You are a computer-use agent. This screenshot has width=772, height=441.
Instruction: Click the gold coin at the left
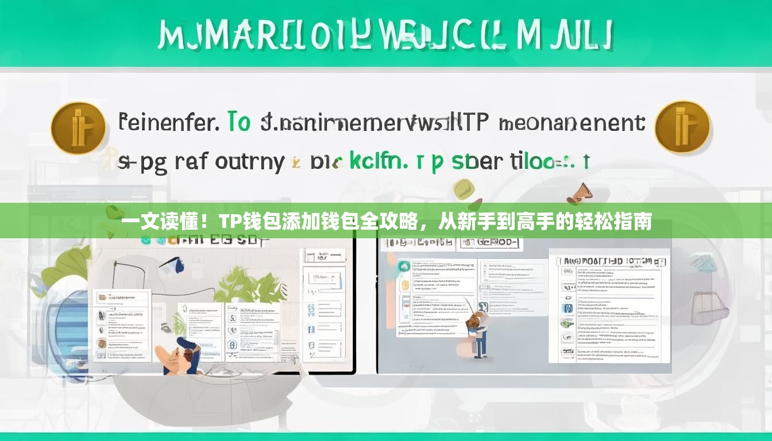[x=78, y=128]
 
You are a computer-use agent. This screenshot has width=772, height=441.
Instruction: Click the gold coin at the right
[x=682, y=127]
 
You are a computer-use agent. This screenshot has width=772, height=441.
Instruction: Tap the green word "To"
[x=239, y=122]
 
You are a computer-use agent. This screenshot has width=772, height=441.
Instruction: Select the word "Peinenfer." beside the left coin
[x=168, y=123]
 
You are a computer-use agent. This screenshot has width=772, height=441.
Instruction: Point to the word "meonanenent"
[x=572, y=123]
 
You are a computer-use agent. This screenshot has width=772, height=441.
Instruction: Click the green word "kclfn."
[x=378, y=161]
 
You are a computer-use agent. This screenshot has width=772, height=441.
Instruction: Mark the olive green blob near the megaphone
[x=463, y=189]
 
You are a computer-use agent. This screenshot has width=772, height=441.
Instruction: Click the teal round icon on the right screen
[x=404, y=266]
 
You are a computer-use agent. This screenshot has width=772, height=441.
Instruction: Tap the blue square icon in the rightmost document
[x=568, y=308]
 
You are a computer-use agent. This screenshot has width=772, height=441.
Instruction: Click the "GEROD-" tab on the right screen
[x=490, y=242]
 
